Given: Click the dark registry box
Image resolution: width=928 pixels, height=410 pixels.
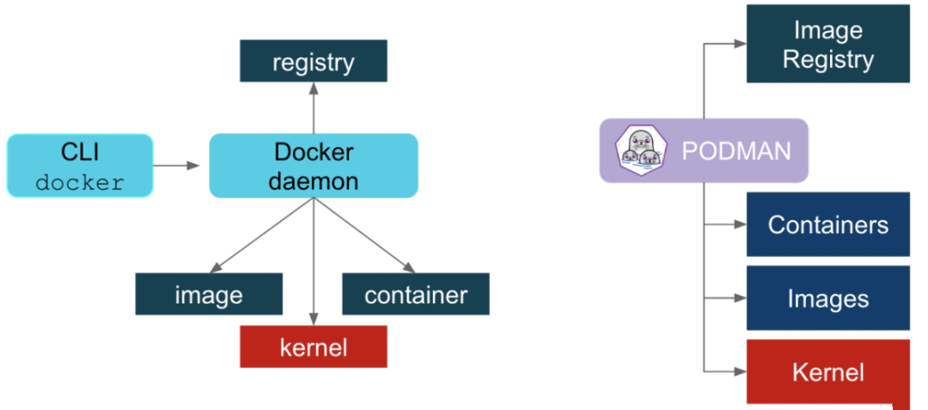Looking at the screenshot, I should coord(313,62).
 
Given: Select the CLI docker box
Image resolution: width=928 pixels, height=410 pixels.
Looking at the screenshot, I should coord(80,166).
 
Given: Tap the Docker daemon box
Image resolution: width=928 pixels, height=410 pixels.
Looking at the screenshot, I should coord(314,166).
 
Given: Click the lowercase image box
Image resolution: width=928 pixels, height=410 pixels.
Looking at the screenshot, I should coord(209,295).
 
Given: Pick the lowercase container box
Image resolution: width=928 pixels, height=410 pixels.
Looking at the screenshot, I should coord(416,295).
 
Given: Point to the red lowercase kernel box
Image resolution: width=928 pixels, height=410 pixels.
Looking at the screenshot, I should coord(314,347).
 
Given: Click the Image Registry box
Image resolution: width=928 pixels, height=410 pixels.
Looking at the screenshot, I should coord(827,44).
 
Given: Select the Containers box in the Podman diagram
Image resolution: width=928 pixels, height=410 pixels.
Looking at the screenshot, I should coord(827,224).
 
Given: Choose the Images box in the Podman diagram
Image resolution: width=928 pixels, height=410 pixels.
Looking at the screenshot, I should coord(827,298).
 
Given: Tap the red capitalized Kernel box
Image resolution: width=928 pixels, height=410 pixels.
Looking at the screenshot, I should coord(827,371).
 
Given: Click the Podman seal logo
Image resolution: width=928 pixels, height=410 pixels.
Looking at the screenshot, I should coord(641,150).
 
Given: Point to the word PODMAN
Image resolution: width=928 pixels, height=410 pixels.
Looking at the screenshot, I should coord(736,151).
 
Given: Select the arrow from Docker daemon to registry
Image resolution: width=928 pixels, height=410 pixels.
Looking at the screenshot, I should coord(314,107).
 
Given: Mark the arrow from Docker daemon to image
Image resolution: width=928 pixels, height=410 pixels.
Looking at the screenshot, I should coord(258,237).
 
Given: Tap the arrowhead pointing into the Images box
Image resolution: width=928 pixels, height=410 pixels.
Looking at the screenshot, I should coord(739,298).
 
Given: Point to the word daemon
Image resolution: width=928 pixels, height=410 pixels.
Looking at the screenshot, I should coord(314,181).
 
